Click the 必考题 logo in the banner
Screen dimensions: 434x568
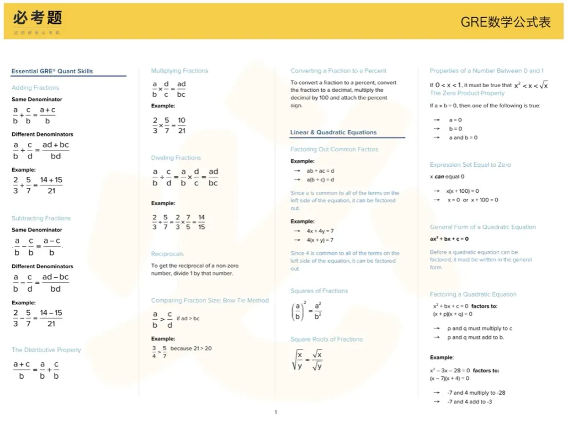coord(37,19)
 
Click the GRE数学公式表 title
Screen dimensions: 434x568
coord(505,22)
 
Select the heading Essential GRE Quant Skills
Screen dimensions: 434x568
coord(52,71)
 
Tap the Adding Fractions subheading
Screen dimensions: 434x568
coord(35,88)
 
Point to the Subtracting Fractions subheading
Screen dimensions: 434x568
coord(41,218)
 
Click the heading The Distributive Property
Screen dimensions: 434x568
coord(46,350)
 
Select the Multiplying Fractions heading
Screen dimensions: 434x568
coord(179,71)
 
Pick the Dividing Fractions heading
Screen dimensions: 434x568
coord(176,158)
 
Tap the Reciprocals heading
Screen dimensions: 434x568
coord(167,254)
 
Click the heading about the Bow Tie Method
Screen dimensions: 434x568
coord(210,301)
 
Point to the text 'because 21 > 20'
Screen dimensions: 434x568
coord(191,348)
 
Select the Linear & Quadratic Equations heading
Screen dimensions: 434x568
coord(333,132)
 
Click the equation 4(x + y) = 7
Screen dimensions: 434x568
coord(320,240)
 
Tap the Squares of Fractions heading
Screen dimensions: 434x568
coord(319,291)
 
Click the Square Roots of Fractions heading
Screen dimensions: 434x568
coord(327,339)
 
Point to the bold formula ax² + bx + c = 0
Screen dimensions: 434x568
coord(449,239)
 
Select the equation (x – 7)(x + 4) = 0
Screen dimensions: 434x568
coord(449,379)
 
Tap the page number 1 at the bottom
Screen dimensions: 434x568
coord(275,412)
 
